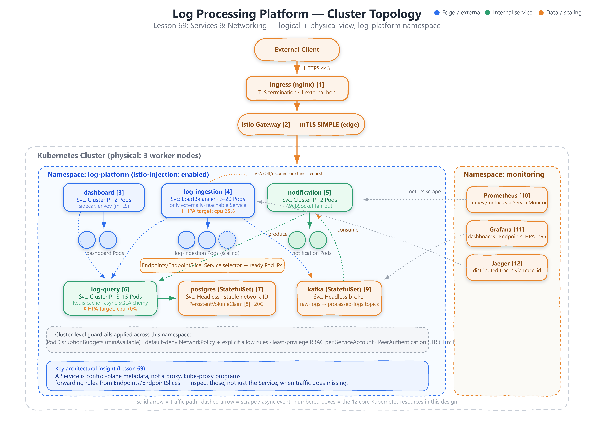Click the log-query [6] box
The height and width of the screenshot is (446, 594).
point(110,298)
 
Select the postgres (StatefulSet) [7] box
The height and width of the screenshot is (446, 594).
point(227,298)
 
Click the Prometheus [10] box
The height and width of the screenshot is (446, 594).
point(507,199)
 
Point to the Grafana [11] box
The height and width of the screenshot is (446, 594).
point(507,233)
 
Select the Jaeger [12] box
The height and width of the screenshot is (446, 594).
point(507,268)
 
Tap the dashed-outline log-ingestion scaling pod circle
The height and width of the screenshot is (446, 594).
point(227,240)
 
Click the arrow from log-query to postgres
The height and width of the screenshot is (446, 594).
point(166,298)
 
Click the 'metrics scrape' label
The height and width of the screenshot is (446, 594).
point(424,191)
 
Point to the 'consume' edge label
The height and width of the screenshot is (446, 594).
point(348,230)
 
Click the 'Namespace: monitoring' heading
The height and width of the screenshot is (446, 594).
point(504,174)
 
